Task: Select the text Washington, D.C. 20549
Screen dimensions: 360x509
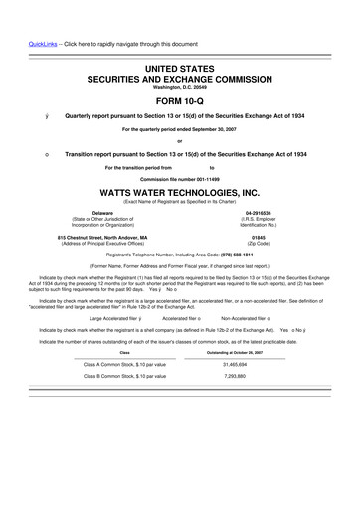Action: [180, 85]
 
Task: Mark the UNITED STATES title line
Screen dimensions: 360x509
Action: [180, 63]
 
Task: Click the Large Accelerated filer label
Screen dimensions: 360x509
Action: [113, 317]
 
